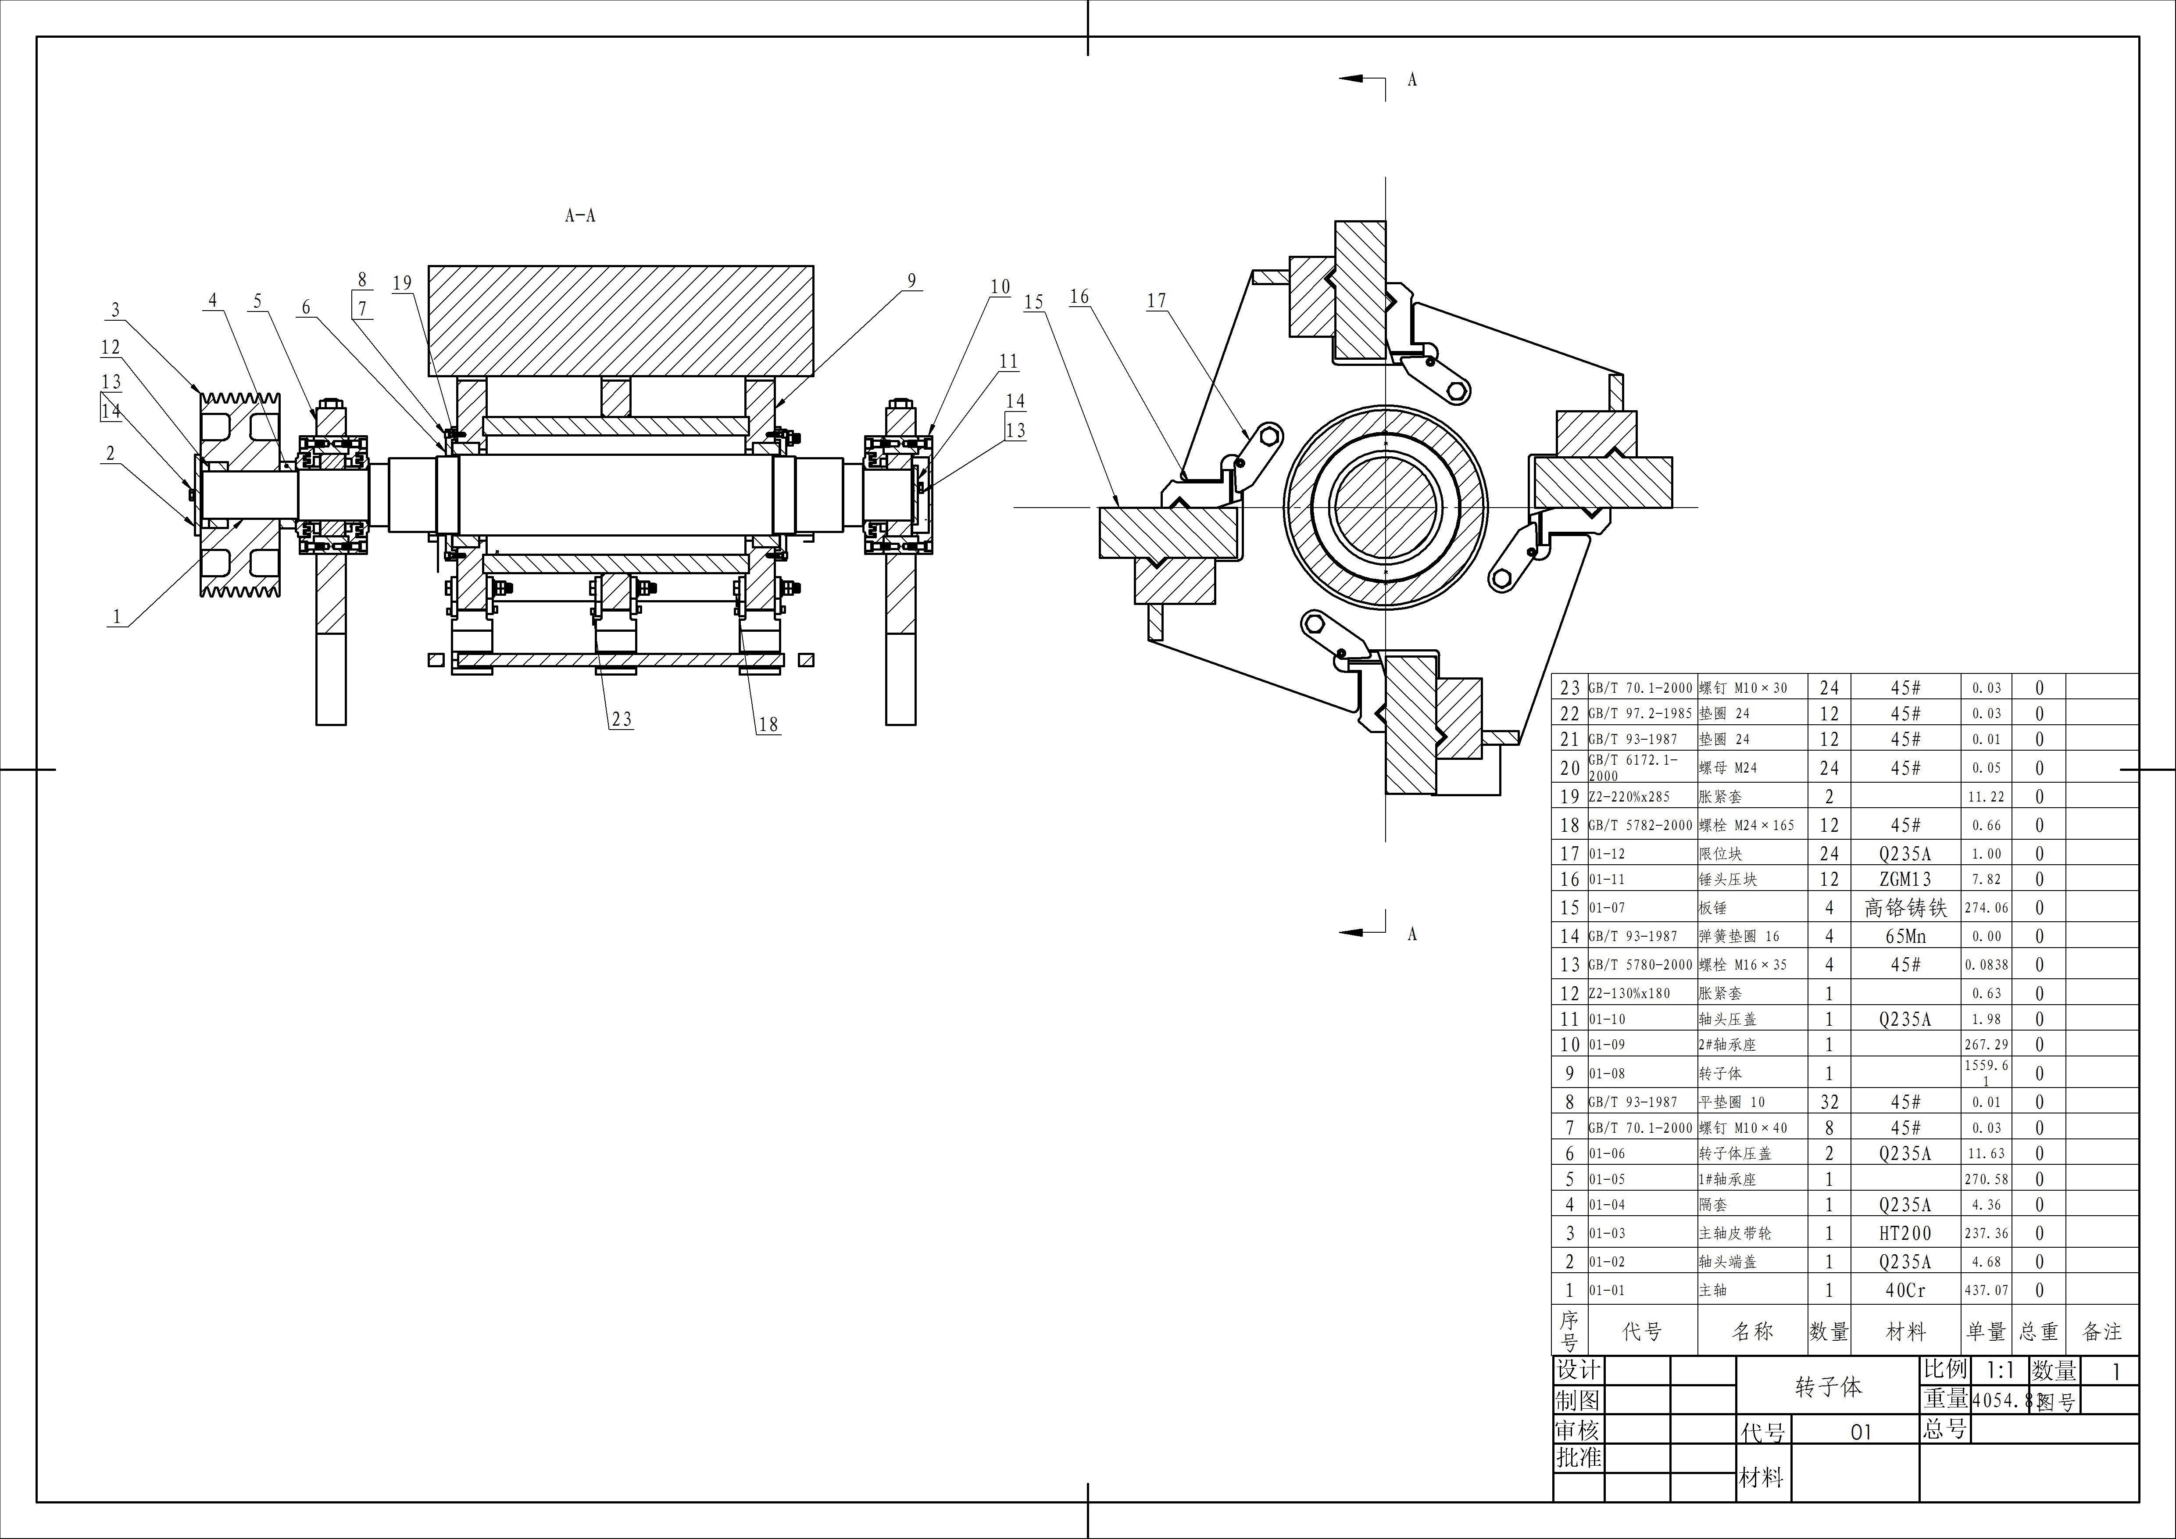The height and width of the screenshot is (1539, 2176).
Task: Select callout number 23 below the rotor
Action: coord(621,719)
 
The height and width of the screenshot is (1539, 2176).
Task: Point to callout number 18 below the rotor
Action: coord(768,724)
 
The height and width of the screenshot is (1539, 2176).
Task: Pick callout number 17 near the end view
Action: coord(1156,301)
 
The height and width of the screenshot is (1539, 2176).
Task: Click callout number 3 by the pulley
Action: coord(116,310)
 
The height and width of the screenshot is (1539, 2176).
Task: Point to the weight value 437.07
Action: coord(1986,1290)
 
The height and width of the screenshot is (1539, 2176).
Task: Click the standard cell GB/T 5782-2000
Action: coord(1640,825)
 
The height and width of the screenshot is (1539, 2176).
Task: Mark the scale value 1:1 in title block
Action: coord(2000,1371)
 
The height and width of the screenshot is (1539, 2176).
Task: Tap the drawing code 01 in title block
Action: coord(1860,1432)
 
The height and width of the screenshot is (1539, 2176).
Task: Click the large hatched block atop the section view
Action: coord(621,320)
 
